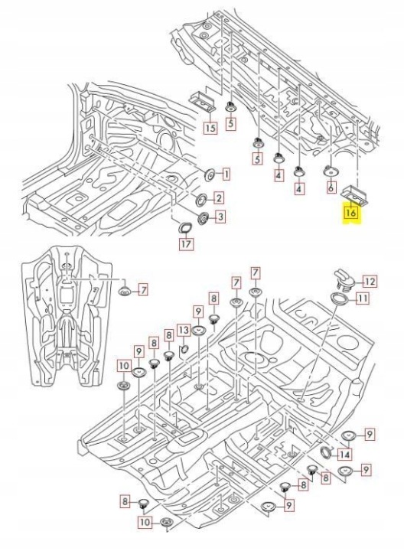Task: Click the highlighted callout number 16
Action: [x=351, y=212]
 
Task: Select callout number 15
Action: [x=210, y=128]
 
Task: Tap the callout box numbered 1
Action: [x=226, y=174]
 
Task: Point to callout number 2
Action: [x=219, y=198]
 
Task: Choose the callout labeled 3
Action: [x=220, y=217]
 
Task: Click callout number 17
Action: [x=186, y=243]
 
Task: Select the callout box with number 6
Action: [x=331, y=187]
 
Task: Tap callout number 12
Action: [x=369, y=281]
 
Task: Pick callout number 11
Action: [x=363, y=298]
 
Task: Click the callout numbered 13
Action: [x=184, y=330]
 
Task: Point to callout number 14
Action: [x=345, y=455]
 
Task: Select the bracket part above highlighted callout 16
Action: [x=355, y=195]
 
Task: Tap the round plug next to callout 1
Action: [x=210, y=174]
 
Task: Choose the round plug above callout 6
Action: [x=331, y=171]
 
